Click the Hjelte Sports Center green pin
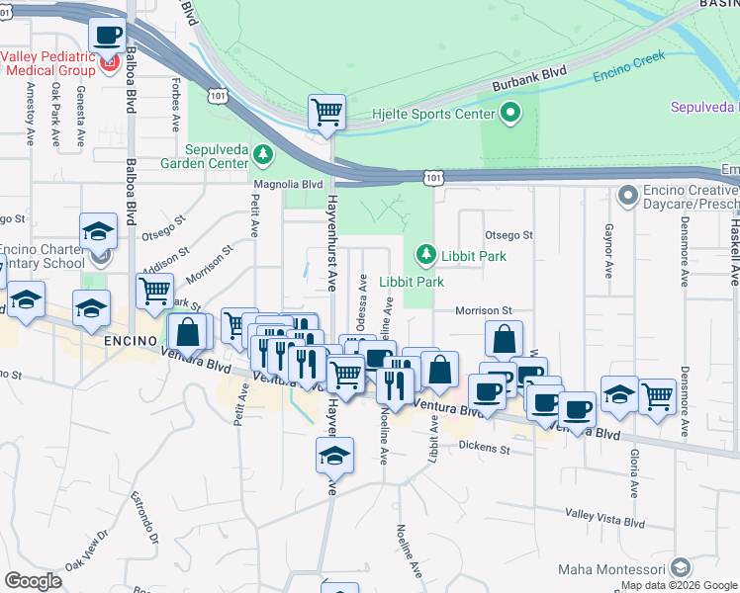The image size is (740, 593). tap(510, 114)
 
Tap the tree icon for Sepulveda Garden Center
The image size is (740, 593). tap(263, 153)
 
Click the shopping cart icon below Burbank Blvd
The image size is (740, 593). tap(326, 112)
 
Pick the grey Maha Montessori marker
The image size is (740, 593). tap(680, 567)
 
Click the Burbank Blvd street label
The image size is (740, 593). tap(533, 78)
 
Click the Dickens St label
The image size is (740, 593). tap(484, 447)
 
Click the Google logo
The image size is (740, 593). tap(33, 581)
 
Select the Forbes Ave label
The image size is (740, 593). tap(176, 104)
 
